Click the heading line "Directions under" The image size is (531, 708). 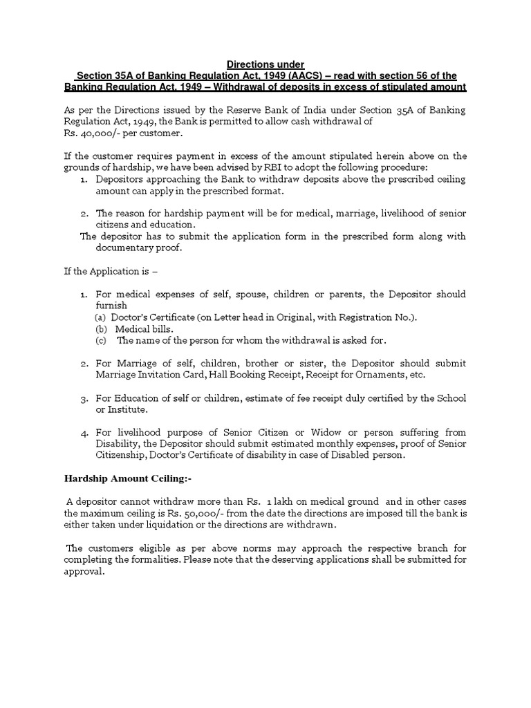point(265,64)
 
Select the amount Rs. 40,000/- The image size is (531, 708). point(88,133)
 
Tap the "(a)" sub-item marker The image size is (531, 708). point(100,317)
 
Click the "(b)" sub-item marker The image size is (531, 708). point(101,328)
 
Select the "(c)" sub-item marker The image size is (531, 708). point(101,340)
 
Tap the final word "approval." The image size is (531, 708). point(84,570)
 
